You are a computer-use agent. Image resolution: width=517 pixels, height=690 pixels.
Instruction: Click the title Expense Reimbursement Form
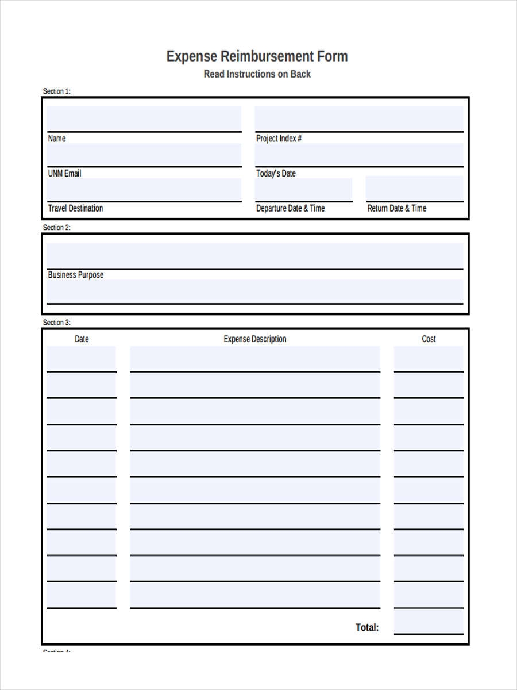point(257,56)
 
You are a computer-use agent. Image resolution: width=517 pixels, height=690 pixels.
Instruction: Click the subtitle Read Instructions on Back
point(257,74)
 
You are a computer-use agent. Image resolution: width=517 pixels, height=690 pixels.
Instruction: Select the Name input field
point(144,118)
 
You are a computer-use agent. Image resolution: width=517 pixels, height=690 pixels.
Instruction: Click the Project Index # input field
point(359,118)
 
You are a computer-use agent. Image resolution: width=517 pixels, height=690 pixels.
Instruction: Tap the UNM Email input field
point(144,155)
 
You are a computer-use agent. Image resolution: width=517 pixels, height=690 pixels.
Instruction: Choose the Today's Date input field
point(359,155)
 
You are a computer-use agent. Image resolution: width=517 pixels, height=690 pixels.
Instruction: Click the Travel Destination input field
point(144,189)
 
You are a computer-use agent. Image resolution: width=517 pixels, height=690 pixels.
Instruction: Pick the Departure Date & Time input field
point(304,189)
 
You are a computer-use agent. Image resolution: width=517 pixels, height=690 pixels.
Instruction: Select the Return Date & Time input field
point(414,189)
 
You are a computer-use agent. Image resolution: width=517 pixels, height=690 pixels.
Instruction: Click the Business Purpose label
point(76,275)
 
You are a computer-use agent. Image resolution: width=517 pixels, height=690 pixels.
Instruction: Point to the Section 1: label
point(56,91)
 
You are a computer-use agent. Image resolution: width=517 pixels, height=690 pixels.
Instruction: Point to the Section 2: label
point(56,228)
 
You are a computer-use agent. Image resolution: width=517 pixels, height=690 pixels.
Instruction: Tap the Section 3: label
point(56,323)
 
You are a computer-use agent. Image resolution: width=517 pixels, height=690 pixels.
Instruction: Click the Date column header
point(82,339)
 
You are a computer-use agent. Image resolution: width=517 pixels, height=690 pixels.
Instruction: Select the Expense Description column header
point(255,339)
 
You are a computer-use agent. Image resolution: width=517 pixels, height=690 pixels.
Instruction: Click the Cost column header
point(429,339)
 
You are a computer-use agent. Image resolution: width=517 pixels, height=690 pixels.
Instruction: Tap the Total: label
point(367,627)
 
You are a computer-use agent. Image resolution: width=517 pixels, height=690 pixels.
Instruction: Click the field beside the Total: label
point(429,622)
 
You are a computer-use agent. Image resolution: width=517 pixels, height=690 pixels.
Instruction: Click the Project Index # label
point(279,139)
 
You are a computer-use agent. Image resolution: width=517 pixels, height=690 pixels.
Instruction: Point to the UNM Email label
point(64,173)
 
